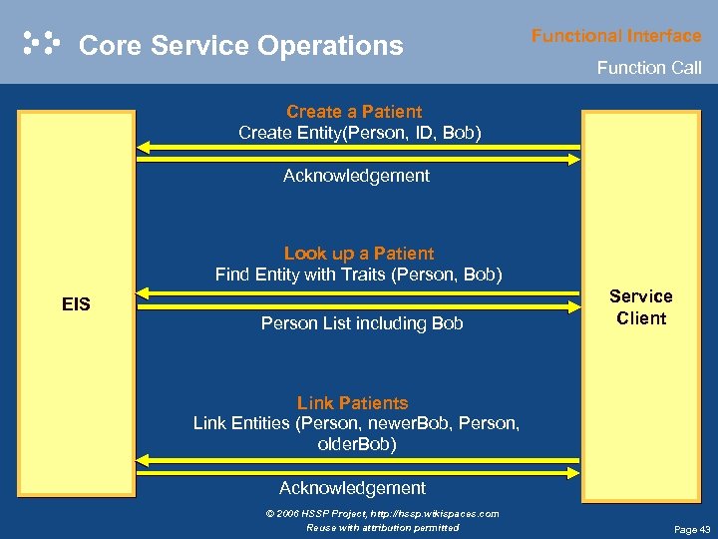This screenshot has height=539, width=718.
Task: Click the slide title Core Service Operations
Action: pos(240,46)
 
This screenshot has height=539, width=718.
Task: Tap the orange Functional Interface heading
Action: pos(615,36)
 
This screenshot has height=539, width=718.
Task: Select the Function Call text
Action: pos(648,68)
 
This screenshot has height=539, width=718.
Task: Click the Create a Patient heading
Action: pos(354,112)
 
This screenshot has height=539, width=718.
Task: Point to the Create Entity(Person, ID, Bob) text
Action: pos(359,133)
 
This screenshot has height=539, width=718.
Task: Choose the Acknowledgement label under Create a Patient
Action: pos(356,176)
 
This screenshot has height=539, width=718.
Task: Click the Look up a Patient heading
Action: pos(359,254)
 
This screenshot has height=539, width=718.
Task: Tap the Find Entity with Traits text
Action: pos(359,274)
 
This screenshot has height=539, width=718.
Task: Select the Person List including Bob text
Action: pos(361,323)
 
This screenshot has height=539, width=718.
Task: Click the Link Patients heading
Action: pos(352,403)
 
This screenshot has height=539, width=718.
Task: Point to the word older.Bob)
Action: pos(356,444)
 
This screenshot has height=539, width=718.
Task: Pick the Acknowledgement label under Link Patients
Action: pos(352,488)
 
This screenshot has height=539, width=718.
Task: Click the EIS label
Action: pos(76,303)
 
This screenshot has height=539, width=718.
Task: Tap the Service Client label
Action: pos(640,307)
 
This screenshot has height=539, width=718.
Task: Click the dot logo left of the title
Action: pos(41,43)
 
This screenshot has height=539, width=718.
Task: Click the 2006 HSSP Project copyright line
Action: pos(382,513)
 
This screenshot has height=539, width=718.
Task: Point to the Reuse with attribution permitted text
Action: pos(382,527)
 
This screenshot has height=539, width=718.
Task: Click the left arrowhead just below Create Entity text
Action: pos(142,147)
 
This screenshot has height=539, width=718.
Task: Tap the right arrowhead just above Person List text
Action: pos(575,303)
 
